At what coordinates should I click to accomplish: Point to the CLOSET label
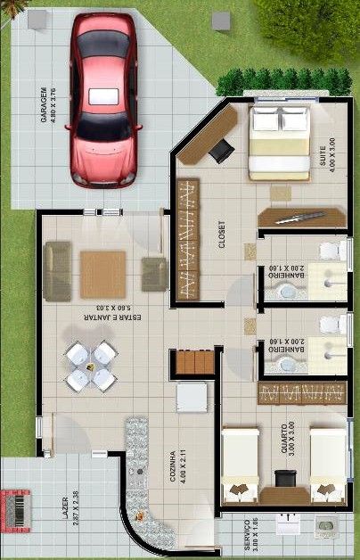(x=220, y=233)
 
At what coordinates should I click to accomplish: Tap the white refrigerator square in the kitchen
(x=191, y=397)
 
